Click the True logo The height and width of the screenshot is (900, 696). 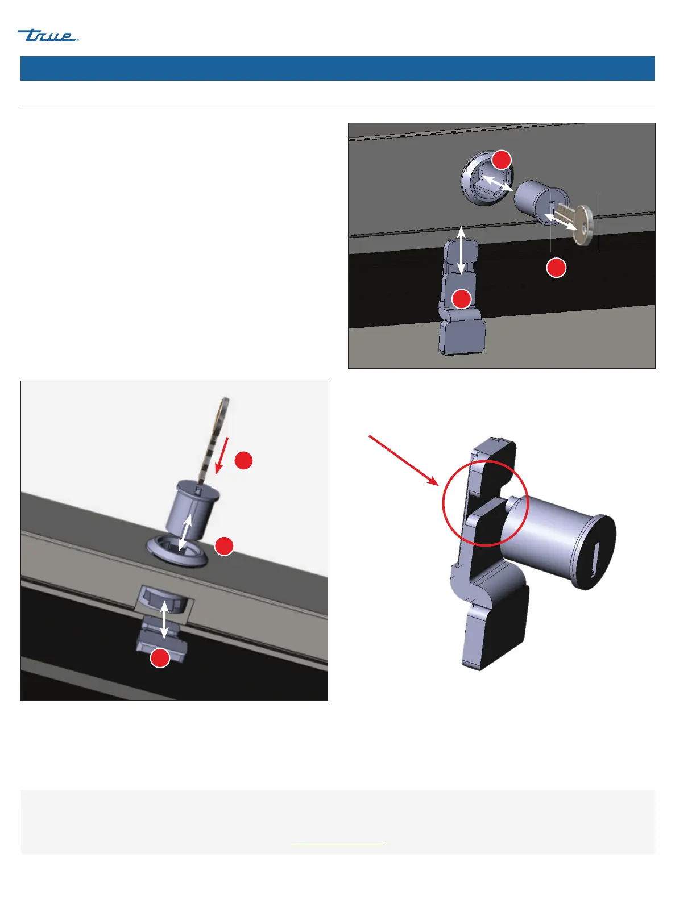pyautogui.click(x=47, y=36)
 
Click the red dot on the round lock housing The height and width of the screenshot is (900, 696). pyautogui.click(x=502, y=160)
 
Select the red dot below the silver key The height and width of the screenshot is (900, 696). pyautogui.click(x=556, y=268)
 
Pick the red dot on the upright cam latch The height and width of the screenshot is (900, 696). pyautogui.click(x=462, y=299)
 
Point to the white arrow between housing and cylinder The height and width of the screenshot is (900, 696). pyautogui.click(x=498, y=182)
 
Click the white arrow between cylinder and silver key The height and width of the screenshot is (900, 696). pyautogui.click(x=561, y=222)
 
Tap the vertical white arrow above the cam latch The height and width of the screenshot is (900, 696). pyautogui.click(x=462, y=251)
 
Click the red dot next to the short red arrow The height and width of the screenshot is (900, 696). pyautogui.click(x=244, y=461)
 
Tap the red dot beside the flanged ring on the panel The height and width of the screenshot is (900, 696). pyautogui.click(x=224, y=546)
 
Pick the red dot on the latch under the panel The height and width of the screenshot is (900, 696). pyautogui.click(x=160, y=658)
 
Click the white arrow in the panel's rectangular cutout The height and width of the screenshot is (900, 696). pyautogui.click(x=164, y=620)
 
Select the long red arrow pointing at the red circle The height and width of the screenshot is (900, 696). pyautogui.click(x=404, y=460)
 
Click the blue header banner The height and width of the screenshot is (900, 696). pyautogui.click(x=337, y=68)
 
